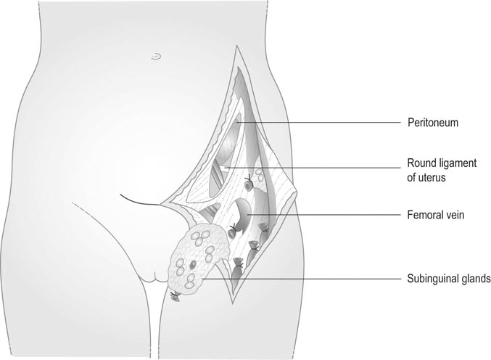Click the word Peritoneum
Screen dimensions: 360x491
[433, 123]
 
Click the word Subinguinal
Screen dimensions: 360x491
[434, 278]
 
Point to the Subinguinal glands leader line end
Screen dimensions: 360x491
[205, 278]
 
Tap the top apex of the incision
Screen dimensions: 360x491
[236, 46]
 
